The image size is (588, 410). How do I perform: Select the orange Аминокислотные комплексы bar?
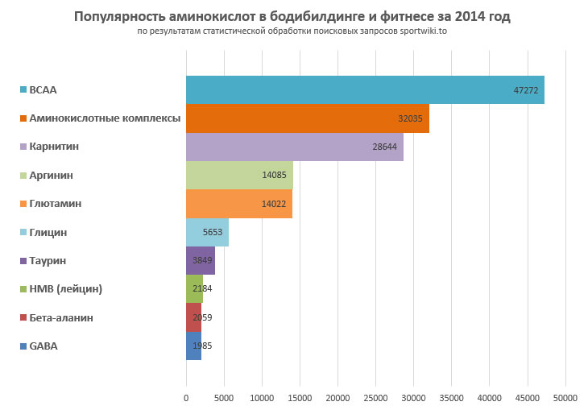point(306,118)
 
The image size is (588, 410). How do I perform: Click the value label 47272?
point(527,90)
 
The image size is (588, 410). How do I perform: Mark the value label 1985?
point(202,346)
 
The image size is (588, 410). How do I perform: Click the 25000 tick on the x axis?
point(376,397)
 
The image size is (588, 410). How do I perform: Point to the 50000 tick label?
point(565,397)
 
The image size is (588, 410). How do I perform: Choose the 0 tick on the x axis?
point(186,397)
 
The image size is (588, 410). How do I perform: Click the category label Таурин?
point(48,261)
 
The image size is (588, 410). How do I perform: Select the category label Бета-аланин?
point(60,317)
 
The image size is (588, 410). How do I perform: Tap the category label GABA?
point(43,346)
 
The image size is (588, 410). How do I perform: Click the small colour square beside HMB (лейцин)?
point(23,289)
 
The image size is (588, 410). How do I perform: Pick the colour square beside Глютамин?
point(23,204)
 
